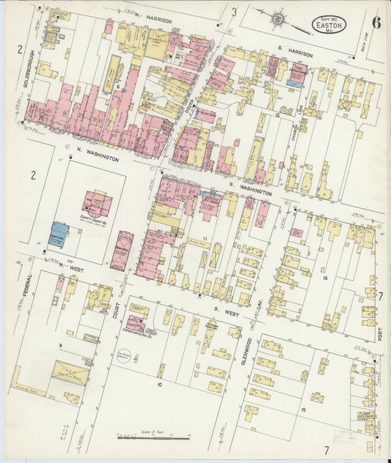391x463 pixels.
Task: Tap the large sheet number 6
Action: click(376, 21)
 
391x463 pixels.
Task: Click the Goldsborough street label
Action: click(27, 80)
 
